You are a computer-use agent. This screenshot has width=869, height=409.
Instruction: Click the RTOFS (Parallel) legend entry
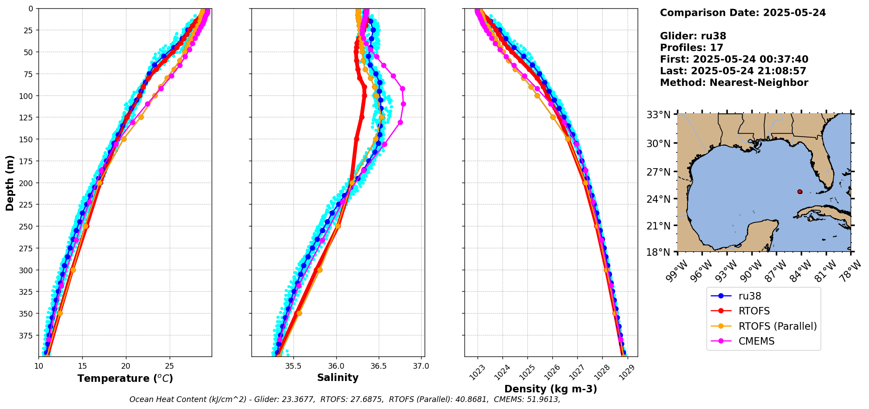point(777,326)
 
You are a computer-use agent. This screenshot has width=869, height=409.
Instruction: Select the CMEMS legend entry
point(756,341)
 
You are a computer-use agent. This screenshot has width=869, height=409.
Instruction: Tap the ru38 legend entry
point(750,296)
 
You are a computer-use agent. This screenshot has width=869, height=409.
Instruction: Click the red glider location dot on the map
point(800,192)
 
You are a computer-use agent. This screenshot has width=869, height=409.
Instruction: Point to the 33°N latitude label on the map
point(659,115)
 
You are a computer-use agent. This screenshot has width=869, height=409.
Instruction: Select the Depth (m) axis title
point(10,183)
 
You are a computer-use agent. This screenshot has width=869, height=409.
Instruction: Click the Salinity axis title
point(338,377)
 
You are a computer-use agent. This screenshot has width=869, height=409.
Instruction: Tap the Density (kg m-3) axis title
point(551,389)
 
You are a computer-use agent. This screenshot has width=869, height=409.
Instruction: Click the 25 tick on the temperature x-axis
point(170,366)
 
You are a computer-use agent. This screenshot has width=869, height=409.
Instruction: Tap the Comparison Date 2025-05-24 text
point(743,13)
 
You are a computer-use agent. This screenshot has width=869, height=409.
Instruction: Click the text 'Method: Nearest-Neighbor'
point(734,83)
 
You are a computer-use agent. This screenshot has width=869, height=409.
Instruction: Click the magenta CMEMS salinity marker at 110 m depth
point(403,104)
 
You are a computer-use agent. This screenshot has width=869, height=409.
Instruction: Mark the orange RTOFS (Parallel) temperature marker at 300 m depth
point(73,270)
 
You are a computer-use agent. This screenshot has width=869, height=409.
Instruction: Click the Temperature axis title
point(125,378)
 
